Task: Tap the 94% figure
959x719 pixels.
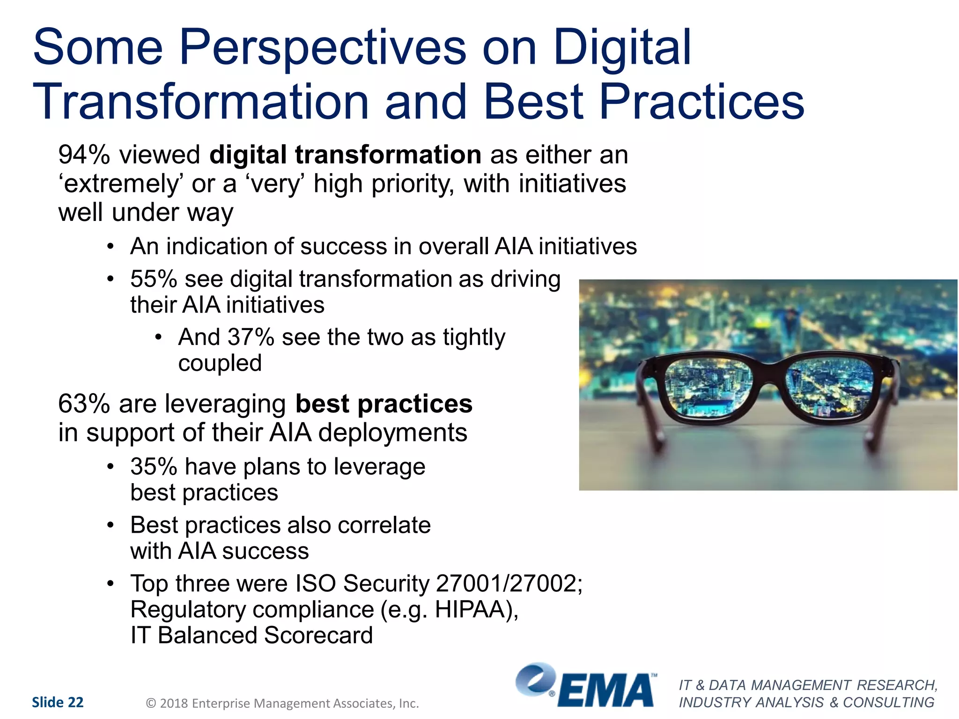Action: [x=84, y=154]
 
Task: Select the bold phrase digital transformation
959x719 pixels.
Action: [x=345, y=154]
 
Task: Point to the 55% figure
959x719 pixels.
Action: [x=153, y=279]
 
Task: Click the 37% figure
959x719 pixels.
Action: [x=250, y=337]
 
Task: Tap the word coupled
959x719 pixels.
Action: [x=220, y=363]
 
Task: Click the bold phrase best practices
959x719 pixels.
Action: [x=384, y=404]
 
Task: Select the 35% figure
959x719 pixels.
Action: [x=153, y=467]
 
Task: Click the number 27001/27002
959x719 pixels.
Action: [x=509, y=584]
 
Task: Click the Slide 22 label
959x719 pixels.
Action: [x=58, y=702]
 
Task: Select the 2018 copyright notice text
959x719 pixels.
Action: [x=282, y=704]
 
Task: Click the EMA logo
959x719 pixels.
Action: [x=585, y=686]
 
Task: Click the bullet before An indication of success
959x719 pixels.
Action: [x=110, y=247]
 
